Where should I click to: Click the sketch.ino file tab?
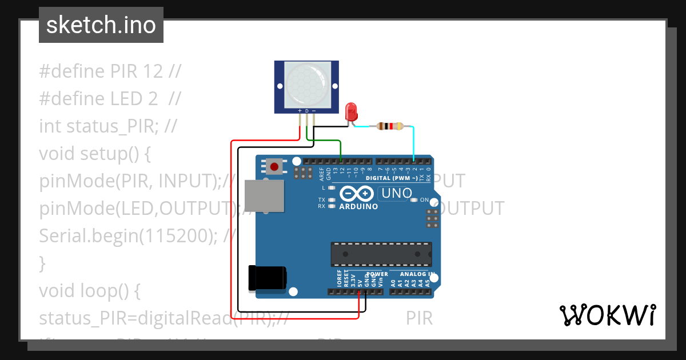(101, 25)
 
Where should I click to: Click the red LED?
(352, 111)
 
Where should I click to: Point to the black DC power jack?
(267, 278)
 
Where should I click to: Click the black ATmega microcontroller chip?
(381, 254)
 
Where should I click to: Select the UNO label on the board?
(396, 194)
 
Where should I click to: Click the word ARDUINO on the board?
(358, 206)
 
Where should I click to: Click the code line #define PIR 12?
(110, 71)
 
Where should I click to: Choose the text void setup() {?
(94, 154)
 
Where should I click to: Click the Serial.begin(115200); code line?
(137, 235)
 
